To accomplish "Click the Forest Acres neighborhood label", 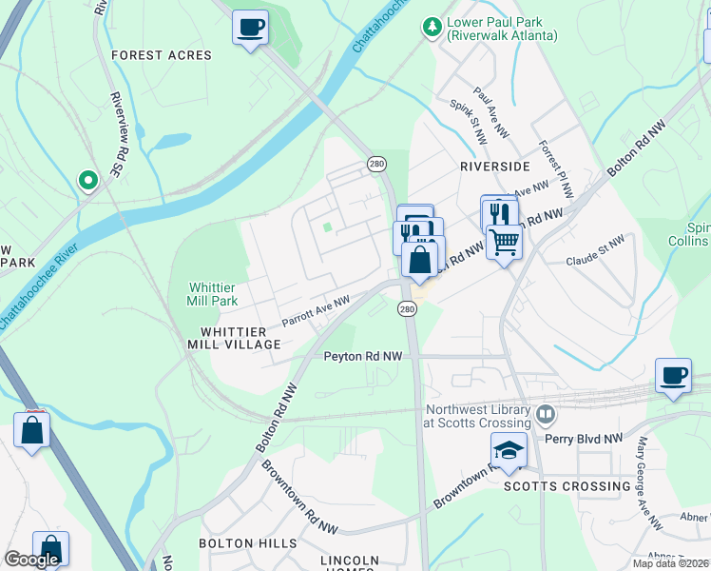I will (162, 55).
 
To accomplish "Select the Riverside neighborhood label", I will (494, 166).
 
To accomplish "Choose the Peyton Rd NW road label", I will (362, 356).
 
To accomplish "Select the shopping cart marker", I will (504, 241).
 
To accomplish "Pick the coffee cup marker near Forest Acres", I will (251, 28).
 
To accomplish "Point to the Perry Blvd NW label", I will (584, 440).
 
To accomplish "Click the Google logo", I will (31, 560).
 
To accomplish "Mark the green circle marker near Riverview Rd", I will (87, 179).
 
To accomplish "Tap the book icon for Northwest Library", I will (546, 414).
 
